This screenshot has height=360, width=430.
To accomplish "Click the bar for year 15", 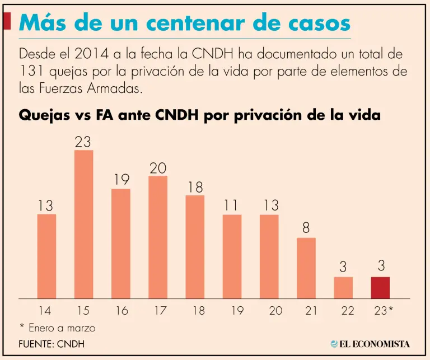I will (83, 224).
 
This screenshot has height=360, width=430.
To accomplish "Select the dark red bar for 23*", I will (381, 288).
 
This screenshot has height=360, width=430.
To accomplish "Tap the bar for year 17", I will (157, 237).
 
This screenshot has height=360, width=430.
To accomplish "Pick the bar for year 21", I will (306, 268).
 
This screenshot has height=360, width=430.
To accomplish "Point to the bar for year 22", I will (343, 288).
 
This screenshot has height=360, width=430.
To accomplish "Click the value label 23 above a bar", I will (83, 142).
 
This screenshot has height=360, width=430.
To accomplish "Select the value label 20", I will (157, 168).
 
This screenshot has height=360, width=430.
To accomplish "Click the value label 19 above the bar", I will (120, 180).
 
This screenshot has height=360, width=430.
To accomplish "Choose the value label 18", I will (195, 187).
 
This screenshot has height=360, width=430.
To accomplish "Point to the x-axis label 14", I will (46, 311).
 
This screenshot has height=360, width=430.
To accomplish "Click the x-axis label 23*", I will (382, 311).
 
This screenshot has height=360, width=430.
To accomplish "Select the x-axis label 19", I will (232, 311).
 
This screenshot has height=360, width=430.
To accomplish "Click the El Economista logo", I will (370, 344).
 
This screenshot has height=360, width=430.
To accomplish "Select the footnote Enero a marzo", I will (60, 328).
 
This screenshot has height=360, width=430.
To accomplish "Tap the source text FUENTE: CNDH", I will (52, 344).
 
